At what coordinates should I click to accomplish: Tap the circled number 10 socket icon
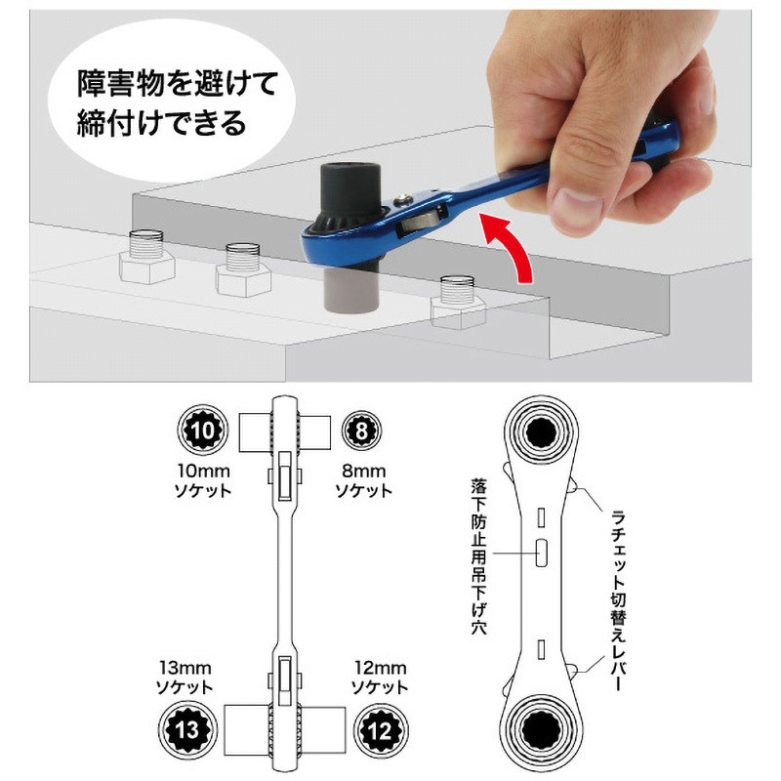click(203, 430)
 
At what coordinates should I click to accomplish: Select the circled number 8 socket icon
click(362, 431)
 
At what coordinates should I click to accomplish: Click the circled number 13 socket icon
click(187, 730)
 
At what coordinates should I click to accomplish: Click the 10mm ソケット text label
click(203, 480)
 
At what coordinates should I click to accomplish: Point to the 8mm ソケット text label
click(363, 480)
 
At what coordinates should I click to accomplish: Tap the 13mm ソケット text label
click(185, 677)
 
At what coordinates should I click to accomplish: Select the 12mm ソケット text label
click(380, 677)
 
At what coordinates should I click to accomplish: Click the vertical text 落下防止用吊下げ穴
click(479, 555)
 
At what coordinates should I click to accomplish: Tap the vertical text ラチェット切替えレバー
click(617, 600)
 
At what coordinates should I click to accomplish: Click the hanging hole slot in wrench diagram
click(541, 553)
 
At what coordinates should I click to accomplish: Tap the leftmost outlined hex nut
click(146, 258)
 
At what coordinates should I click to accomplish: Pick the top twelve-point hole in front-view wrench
click(542, 431)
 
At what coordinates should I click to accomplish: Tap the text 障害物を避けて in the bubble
click(177, 83)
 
